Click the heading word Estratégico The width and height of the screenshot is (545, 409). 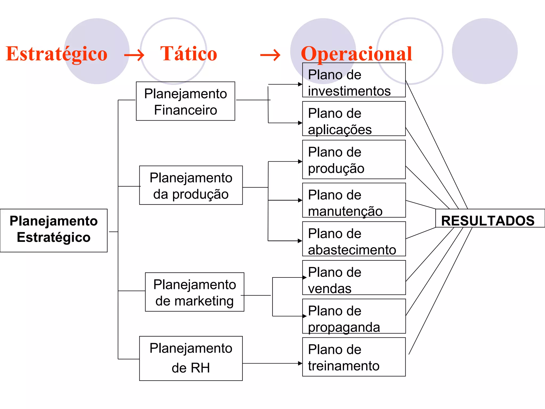click(x=56, y=54)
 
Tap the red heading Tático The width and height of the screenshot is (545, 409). click(x=189, y=54)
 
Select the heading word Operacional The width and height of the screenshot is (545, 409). click(x=356, y=54)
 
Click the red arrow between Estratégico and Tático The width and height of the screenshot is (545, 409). click(x=134, y=55)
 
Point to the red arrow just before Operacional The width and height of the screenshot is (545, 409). click(x=270, y=55)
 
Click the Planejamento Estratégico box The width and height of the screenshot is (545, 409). click(x=54, y=230)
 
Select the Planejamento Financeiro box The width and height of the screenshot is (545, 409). click(x=185, y=101)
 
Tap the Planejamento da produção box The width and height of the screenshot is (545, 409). click(x=191, y=185)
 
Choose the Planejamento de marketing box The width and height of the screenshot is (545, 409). click(x=195, y=292)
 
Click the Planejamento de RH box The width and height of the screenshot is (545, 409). click(x=191, y=358)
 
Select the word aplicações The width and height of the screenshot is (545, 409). click(x=340, y=130)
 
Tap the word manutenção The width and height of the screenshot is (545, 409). click(x=345, y=211)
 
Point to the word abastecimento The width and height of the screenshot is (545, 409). click(x=352, y=250)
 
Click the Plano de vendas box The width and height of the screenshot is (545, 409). click(x=354, y=278)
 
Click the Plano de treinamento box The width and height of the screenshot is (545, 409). click(x=354, y=357)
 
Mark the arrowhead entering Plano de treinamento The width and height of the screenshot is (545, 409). click(x=300, y=363)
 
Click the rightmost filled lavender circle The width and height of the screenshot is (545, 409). click(x=485, y=51)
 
